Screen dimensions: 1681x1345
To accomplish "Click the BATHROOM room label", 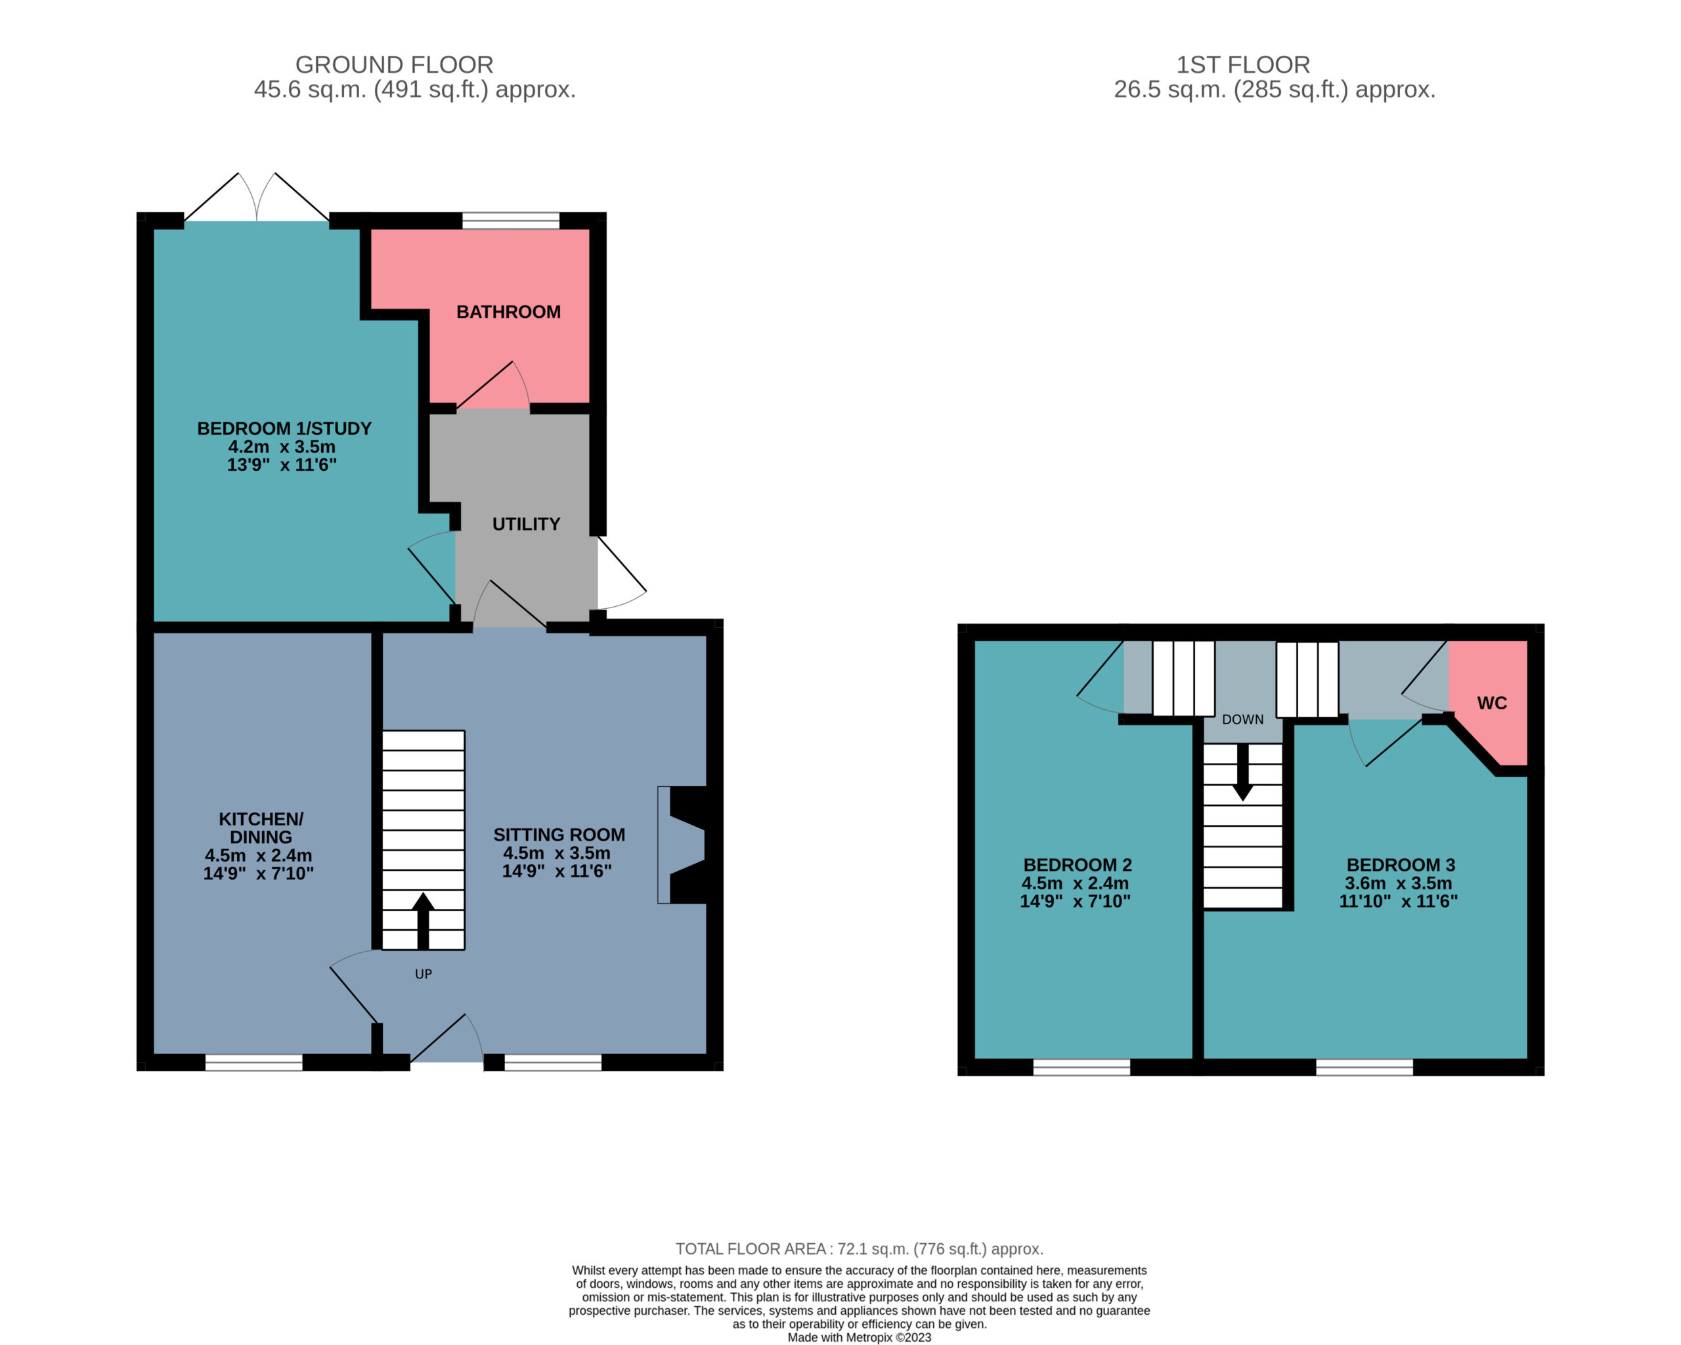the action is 508,312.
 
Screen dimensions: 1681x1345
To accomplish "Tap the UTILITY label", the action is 526,524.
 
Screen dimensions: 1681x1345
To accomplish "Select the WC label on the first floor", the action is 1491,703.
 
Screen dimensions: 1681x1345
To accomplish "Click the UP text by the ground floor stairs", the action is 424,974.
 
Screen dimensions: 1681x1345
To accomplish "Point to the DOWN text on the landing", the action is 1243,719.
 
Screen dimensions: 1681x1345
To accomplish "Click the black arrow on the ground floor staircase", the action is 424,921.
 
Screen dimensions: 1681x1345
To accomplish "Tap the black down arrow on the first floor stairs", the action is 1243,772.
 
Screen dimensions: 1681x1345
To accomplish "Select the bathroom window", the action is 511,221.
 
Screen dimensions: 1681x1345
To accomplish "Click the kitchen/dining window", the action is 254,1062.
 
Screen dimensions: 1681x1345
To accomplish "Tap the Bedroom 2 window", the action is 1081,1067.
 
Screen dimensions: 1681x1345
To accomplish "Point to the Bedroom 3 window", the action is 1364,1067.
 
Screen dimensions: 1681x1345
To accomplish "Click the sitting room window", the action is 553,1062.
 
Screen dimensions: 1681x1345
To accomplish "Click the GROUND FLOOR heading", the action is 394,65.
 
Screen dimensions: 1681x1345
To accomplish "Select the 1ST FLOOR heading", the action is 1243,65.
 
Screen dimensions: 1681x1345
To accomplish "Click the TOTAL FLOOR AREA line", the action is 859,1249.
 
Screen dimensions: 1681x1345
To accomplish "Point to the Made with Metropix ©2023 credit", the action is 859,1337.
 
